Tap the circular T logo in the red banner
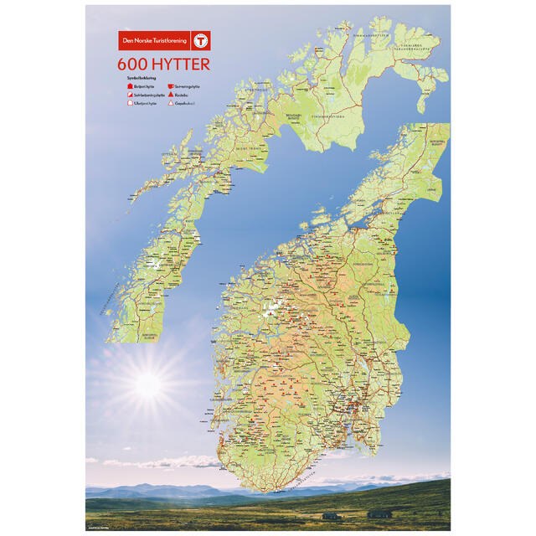(200, 40)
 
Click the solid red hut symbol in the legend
(130, 86)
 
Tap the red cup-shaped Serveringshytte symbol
(170, 86)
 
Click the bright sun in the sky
(147, 384)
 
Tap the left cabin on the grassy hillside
(331, 515)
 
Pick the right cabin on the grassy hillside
(379, 513)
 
